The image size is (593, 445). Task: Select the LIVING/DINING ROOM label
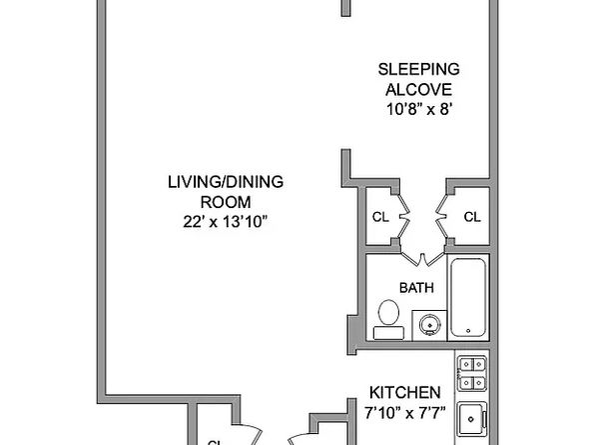(225, 190)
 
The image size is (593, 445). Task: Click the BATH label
(415, 288)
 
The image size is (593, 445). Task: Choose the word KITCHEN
(405, 391)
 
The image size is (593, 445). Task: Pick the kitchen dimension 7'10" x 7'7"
(405, 411)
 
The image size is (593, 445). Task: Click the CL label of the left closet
(379, 217)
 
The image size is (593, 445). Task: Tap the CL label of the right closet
(472, 217)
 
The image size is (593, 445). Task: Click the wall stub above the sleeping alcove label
(345, 8)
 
